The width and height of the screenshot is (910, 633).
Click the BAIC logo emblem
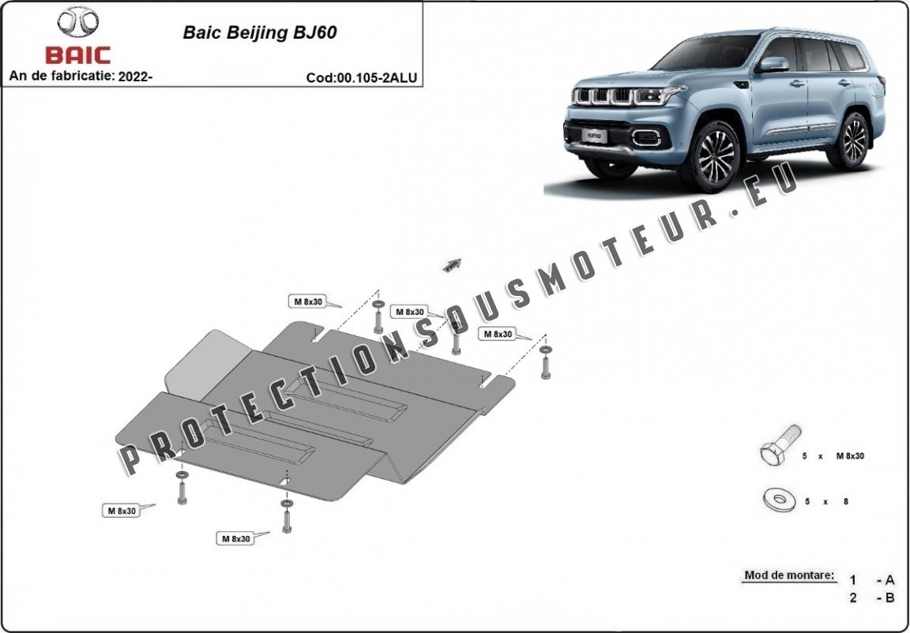[78, 24]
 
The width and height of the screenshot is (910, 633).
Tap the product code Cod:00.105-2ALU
[362, 77]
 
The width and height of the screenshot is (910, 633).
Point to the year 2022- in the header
[134, 77]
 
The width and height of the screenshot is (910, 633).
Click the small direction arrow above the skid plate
[452, 264]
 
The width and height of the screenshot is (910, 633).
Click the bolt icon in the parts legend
[780, 446]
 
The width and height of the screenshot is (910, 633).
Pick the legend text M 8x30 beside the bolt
[848, 457]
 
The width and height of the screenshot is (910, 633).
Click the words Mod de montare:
[788, 575]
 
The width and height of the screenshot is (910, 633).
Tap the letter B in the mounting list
[889, 597]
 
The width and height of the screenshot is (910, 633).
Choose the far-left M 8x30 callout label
[121, 511]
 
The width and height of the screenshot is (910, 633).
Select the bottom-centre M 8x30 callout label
[235, 538]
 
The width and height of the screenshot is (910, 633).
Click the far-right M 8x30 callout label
[497, 334]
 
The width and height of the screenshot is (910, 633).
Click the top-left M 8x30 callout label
[306, 302]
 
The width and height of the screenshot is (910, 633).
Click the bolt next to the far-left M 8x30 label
[182, 490]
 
